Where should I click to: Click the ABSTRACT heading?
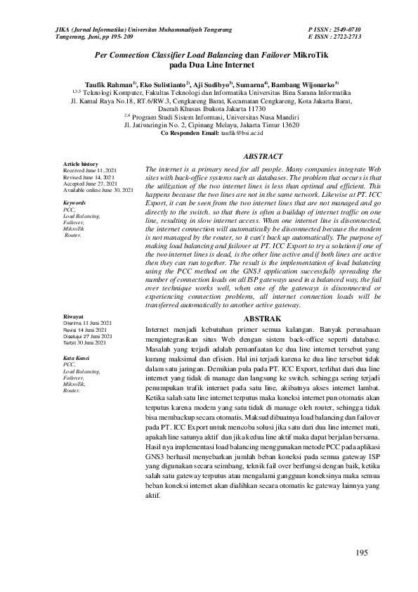pos(262,156)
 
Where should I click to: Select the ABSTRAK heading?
pos(262,318)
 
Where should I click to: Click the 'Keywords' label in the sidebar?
pos(74,202)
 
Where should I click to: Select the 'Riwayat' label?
pos(74,317)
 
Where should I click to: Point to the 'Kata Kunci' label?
pos(77,358)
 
